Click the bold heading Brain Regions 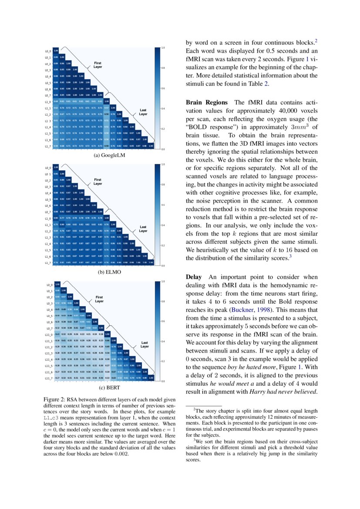[x=206, y=102]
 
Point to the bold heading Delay [x=194, y=277]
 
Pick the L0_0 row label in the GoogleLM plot [x=47, y=51]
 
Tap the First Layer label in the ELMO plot [x=98, y=182]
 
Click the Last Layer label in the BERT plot [x=145, y=345]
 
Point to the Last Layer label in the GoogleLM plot [x=143, y=112]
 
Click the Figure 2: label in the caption [x=54, y=399]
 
